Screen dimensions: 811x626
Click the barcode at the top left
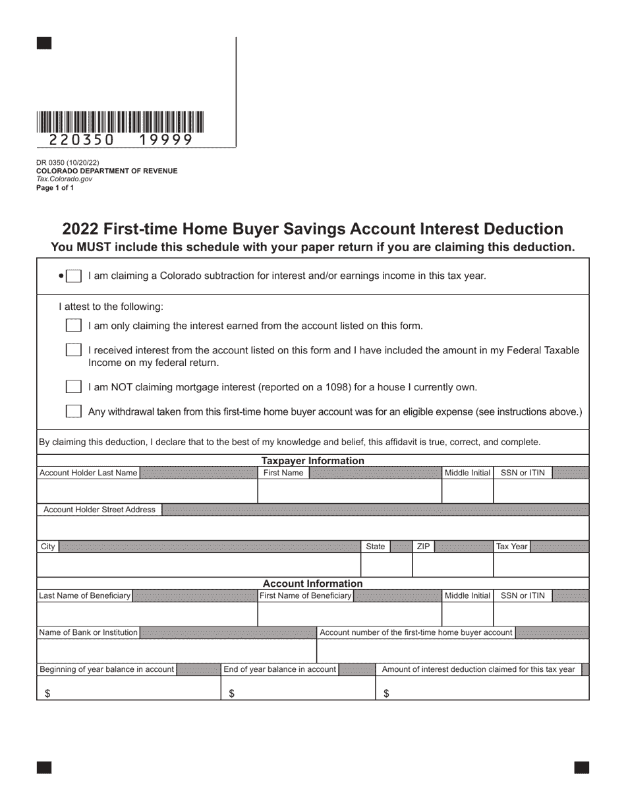tap(120, 123)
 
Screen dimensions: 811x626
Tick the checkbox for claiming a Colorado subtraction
tap(74, 276)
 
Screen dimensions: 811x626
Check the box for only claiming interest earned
tap(74, 326)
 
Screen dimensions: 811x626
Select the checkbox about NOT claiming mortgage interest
tap(74, 387)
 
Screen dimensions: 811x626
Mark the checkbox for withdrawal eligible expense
tap(74, 411)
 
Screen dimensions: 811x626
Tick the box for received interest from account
tap(74, 350)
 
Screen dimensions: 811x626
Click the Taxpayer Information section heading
tap(312, 461)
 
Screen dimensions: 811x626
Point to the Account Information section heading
tap(312, 584)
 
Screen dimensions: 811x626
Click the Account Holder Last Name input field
tap(146, 491)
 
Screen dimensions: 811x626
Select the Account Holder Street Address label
tap(100, 510)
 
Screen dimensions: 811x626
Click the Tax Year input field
tap(540, 565)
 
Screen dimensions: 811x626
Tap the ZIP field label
tap(423, 547)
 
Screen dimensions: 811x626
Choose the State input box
tap(386, 565)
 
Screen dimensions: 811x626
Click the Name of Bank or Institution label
tap(88, 632)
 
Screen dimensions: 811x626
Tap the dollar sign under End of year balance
tap(231, 694)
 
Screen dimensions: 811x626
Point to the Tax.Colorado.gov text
tap(64, 179)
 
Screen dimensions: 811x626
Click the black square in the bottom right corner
tap(581, 767)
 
